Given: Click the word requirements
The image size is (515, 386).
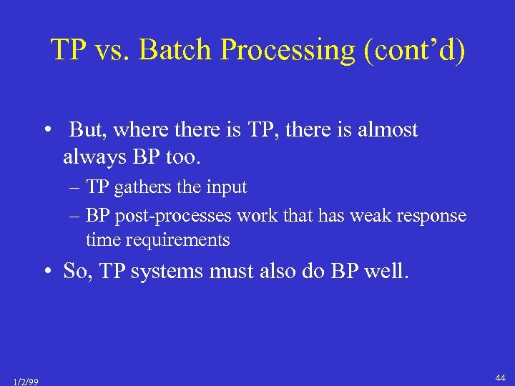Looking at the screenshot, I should pyautogui.click(x=177, y=240).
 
